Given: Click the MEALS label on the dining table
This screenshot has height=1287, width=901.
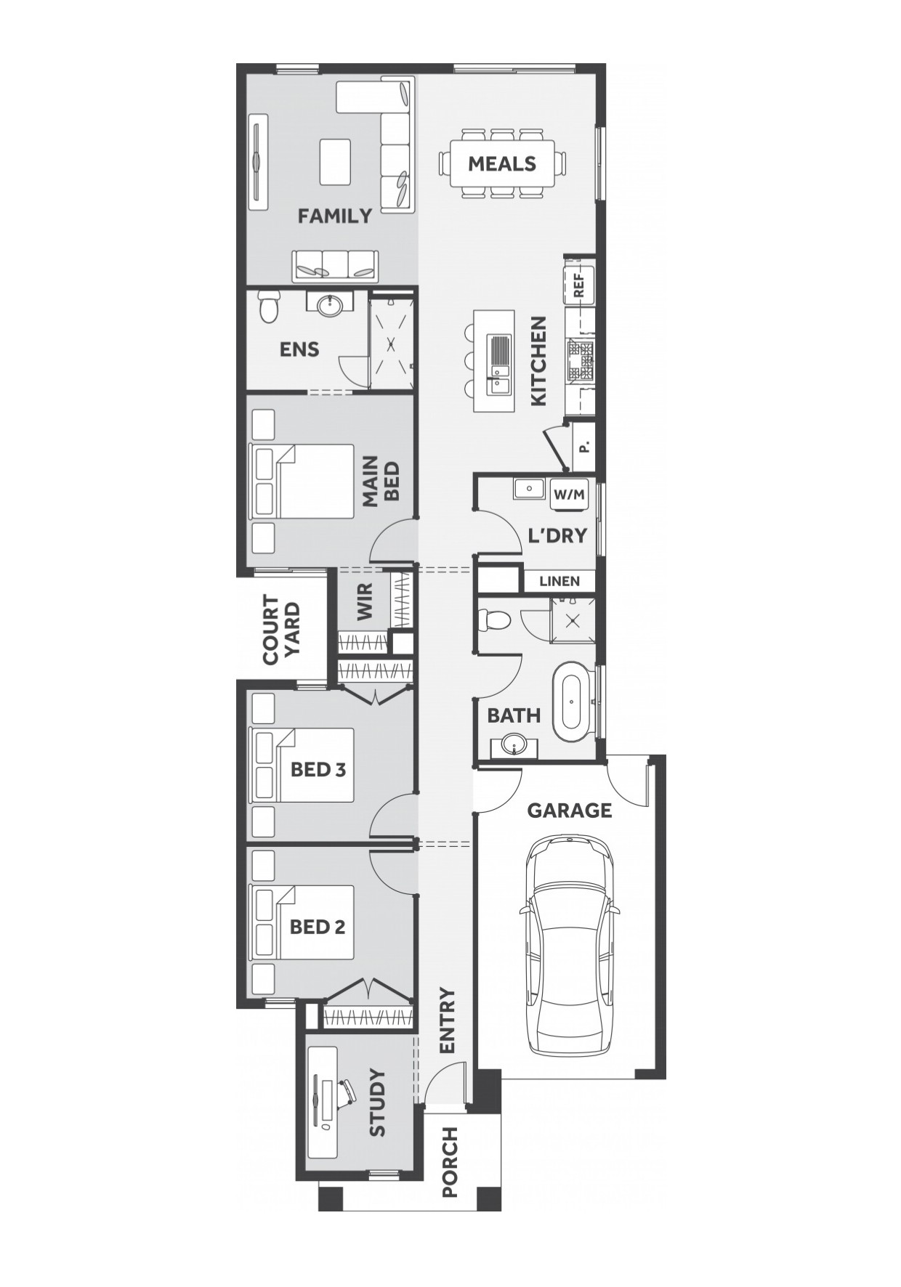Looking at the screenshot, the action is coord(501,163).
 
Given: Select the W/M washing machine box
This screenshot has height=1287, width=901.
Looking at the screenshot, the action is coord(569,495).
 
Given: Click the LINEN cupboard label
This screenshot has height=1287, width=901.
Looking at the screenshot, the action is coord(559,581).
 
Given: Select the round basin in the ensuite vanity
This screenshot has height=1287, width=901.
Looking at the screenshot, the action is coord(329,304).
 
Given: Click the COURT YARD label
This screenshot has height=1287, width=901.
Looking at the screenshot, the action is coord(281,630).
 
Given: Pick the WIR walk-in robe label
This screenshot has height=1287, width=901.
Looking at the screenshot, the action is coord(365,601).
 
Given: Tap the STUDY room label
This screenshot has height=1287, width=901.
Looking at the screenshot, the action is coord(376,1102).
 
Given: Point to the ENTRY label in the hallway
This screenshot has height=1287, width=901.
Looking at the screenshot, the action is coord(446,1020).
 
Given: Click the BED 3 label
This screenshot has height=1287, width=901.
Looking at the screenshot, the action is coord(318,769).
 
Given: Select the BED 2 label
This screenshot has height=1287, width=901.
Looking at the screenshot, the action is coord(318,927).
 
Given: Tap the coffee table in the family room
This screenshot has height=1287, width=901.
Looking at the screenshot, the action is coord(335,161).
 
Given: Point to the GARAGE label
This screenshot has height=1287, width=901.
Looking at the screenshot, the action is coord(570,810).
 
